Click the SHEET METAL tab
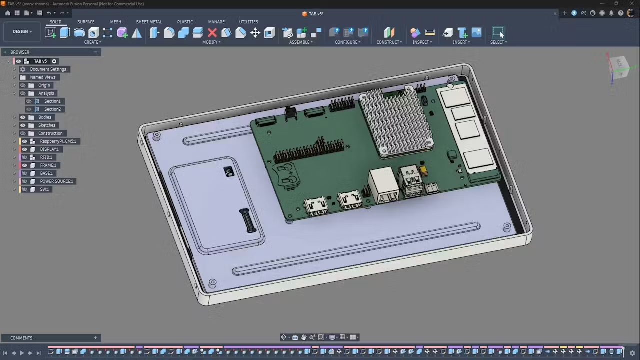(x=149, y=22)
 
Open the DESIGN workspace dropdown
(x=22, y=31)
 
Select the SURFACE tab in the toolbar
(x=86, y=22)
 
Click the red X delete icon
(x=212, y=33)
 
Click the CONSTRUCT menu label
(x=389, y=42)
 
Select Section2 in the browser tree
(x=52, y=109)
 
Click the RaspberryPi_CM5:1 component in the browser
(x=58, y=141)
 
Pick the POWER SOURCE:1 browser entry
(x=56, y=181)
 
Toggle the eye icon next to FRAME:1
(x=24, y=165)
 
